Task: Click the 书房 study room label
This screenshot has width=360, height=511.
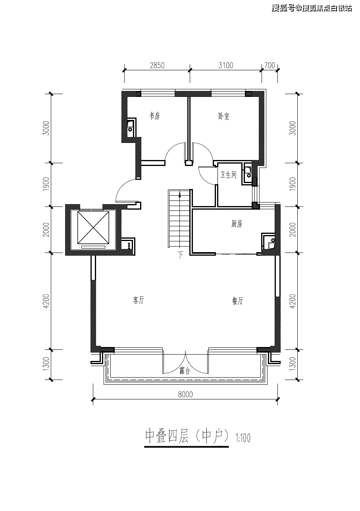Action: tap(154, 116)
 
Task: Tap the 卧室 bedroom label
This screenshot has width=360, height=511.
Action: tap(224, 116)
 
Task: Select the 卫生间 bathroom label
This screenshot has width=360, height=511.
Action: tap(229, 175)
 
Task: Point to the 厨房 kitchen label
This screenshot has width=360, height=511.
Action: tap(237, 224)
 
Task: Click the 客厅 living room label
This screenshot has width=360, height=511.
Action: tap(138, 300)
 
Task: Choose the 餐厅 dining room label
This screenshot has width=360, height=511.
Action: tap(237, 301)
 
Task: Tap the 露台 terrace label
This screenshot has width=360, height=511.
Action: tap(185, 370)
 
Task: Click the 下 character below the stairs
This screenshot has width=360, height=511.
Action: tap(180, 255)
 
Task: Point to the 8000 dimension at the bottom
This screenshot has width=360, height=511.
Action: tap(185, 394)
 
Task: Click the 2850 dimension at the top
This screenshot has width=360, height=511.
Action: tap(157, 66)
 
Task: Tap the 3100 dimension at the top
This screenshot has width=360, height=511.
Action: tap(225, 66)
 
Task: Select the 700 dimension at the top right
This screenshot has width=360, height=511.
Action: tap(270, 66)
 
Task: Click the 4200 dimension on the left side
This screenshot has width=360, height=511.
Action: tap(46, 301)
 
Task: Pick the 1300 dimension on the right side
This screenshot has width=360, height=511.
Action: tap(293, 364)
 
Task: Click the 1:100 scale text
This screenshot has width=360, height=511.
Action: tap(243, 439)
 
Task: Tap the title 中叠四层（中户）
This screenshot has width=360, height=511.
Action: tap(187, 436)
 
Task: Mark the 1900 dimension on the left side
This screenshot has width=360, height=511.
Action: tap(46, 184)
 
